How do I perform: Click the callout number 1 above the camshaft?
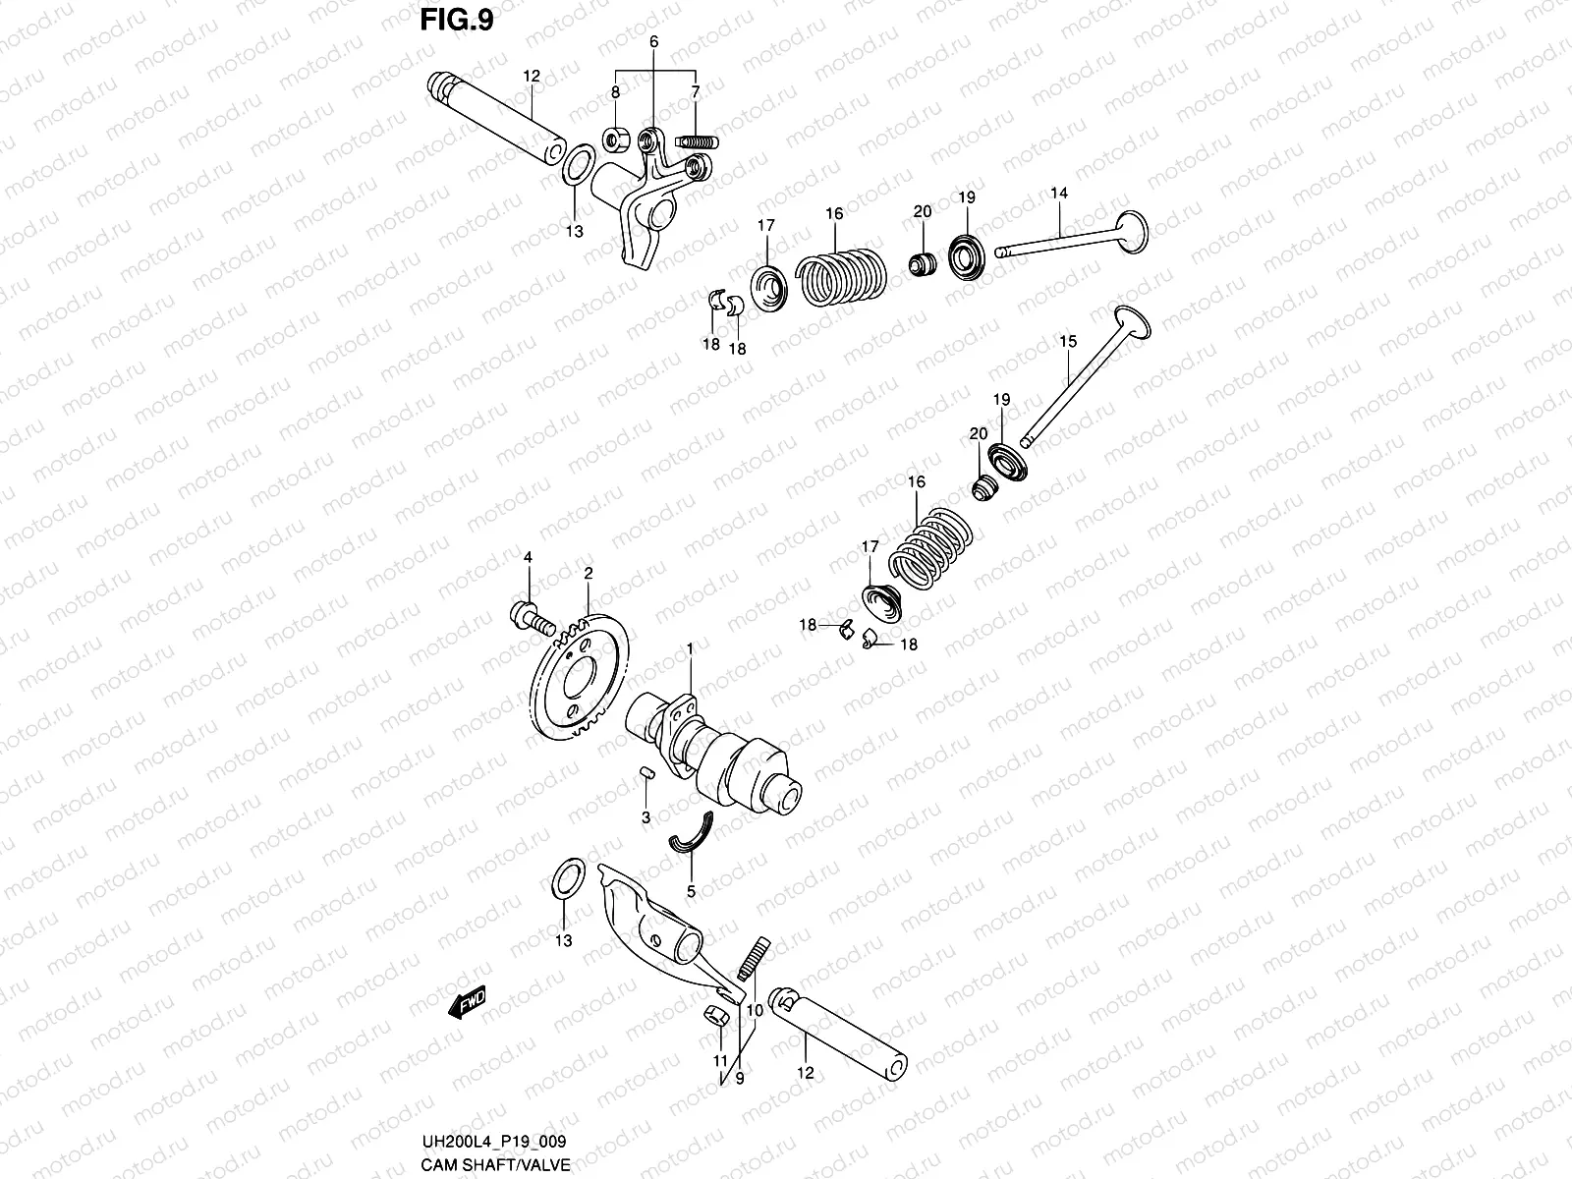tap(690, 648)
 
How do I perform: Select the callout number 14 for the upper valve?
tap(1058, 194)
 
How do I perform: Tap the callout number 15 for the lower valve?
tap(1068, 342)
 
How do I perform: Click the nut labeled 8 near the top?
tap(616, 140)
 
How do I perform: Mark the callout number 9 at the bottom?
tap(739, 1077)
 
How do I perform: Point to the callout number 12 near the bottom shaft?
tap(806, 1073)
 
